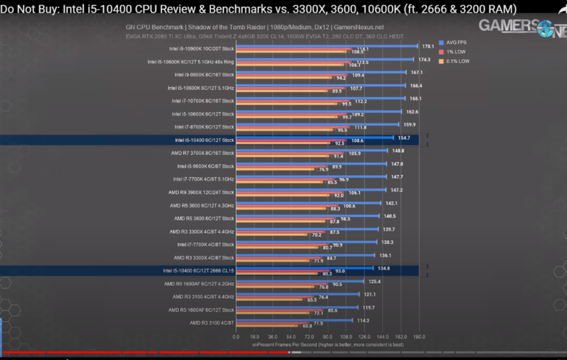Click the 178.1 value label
click(x=428, y=46)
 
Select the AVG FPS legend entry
click(x=457, y=42)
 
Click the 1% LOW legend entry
click(x=454, y=52)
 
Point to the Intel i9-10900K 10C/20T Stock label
click(x=201, y=49)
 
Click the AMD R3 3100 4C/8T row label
click(x=211, y=323)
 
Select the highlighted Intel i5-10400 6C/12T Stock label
click(x=204, y=140)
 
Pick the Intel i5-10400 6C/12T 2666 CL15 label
click(x=198, y=270)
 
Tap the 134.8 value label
click(x=384, y=268)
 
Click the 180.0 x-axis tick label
click(x=418, y=336)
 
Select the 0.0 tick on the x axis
click(x=236, y=336)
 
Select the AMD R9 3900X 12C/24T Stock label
click(x=201, y=192)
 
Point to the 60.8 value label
click(x=307, y=326)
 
